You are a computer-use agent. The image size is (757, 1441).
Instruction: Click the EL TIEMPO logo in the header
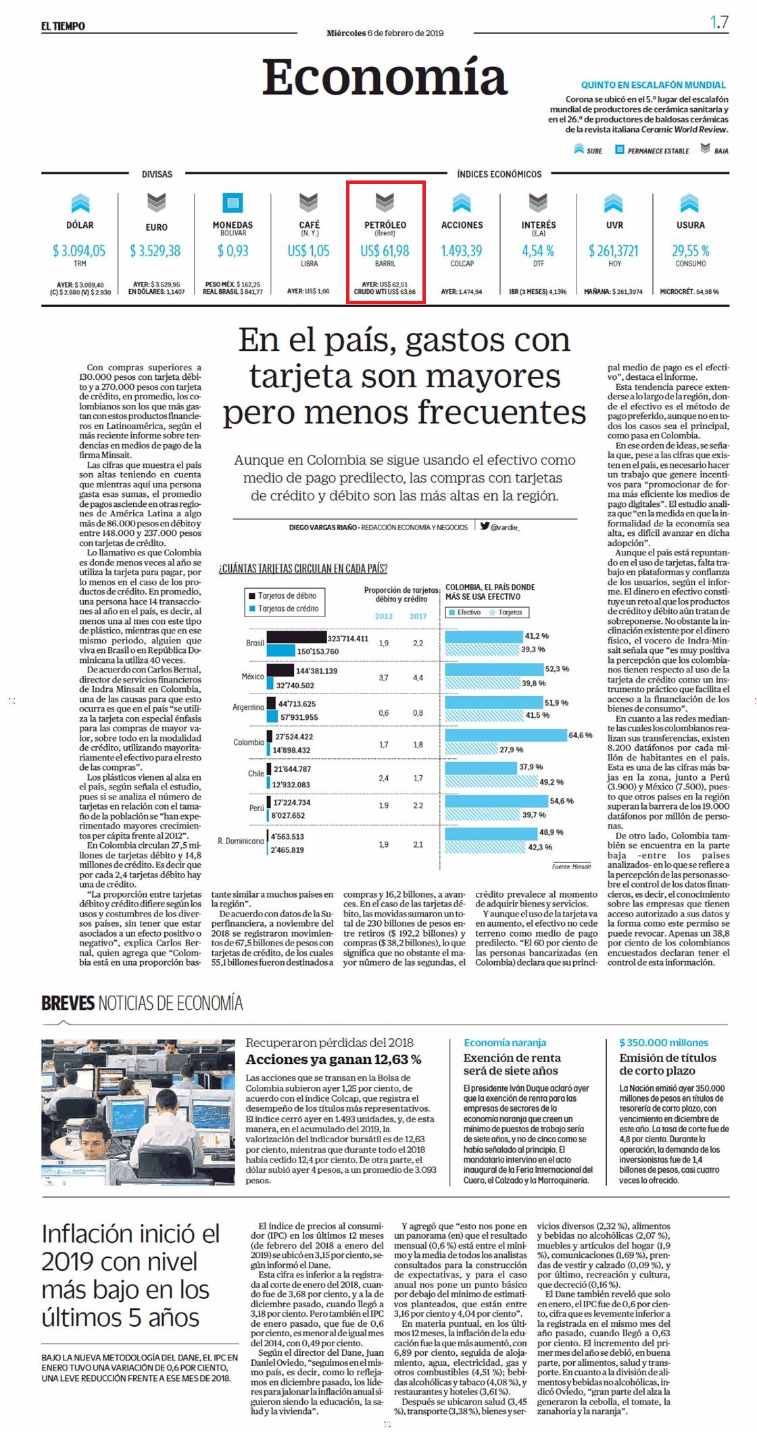(x=63, y=26)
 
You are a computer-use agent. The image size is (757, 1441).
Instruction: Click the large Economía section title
(x=385, y=77)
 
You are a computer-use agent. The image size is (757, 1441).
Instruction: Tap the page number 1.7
(x=719, y=22)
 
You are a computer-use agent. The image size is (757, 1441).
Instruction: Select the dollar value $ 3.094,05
(x=80, y=251)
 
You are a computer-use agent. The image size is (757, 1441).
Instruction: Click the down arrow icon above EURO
(x=157, y=201)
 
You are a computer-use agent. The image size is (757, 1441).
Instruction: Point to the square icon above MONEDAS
(x=233, y=201)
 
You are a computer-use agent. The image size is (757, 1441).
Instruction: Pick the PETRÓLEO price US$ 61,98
(x=385, y=251)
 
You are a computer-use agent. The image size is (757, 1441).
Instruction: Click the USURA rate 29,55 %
(x=690, y=251)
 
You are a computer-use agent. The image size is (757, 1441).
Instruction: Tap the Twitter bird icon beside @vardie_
(x=485, y=525)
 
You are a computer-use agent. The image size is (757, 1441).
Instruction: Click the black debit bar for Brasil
(x=297, y=637)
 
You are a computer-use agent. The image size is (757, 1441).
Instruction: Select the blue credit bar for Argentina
(x=272, y=716)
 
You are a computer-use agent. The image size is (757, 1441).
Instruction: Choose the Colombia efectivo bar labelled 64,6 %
(x=506, y=735)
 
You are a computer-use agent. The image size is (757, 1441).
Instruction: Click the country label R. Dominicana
(x=241, y=841)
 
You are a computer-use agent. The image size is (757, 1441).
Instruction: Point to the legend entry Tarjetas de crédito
(x=287, y=608)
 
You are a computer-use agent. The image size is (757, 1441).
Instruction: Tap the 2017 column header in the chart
(x=418, y=616)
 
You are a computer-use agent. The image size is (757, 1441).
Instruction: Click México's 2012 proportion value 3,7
(x=383, y=677)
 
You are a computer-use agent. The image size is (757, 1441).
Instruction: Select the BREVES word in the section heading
(x=68, y=1002)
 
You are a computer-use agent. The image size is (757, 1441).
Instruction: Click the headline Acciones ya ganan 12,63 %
(x=333, y=1059)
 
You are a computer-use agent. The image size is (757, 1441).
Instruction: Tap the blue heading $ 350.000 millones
(x=664, y=1042)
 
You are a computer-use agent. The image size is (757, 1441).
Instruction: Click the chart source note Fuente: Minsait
(x=571, y=866)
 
